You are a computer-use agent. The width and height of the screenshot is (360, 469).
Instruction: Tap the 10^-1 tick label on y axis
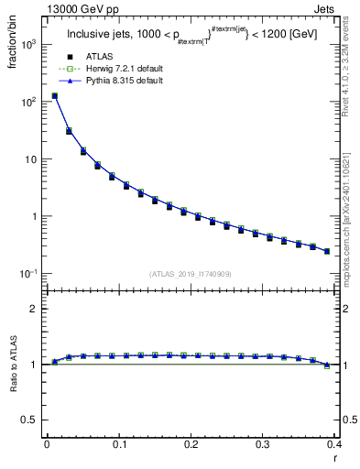point(28,274)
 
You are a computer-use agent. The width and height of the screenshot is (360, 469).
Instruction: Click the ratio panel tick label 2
point(35,309)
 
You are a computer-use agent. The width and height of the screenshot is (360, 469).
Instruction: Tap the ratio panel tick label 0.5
point(30,420)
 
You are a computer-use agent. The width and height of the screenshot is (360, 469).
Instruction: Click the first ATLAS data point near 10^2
point(54,96)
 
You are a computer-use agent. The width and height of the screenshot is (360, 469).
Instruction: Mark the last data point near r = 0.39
point(327,250)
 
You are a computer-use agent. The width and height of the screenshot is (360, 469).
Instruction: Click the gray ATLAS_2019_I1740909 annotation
point(191,274)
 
